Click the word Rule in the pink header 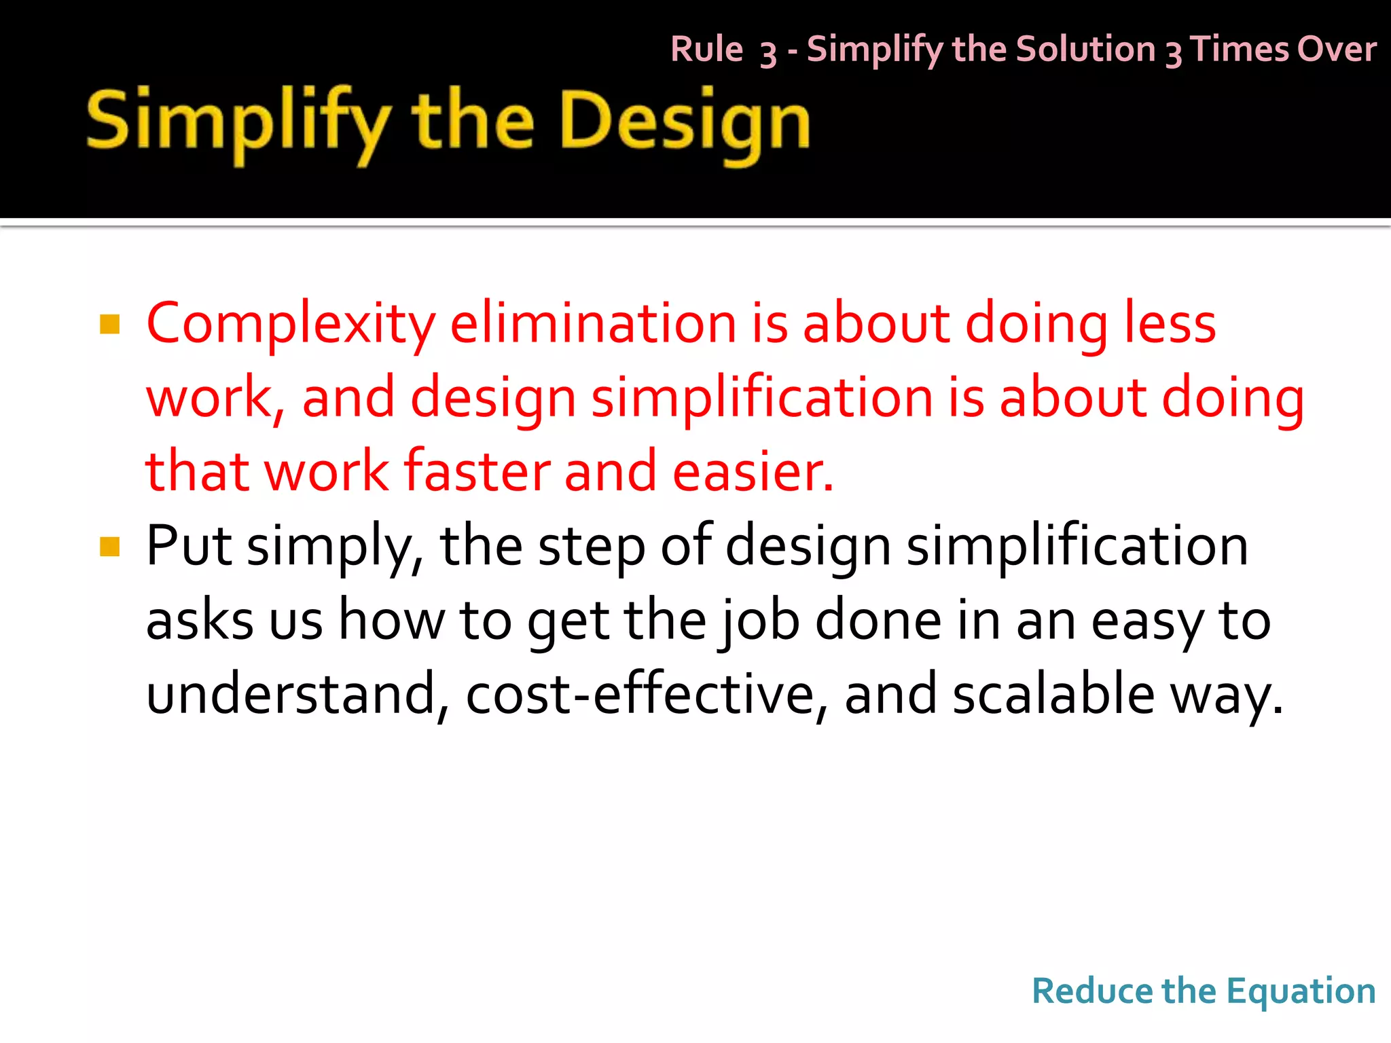(706, 50)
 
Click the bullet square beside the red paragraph (109, 325)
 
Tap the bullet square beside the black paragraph (109, 547)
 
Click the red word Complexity (291, 325)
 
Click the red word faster (476, 471)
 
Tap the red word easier (752, 471)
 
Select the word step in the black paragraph (592, 547)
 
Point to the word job (759, 621)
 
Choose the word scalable (1053, 694)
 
